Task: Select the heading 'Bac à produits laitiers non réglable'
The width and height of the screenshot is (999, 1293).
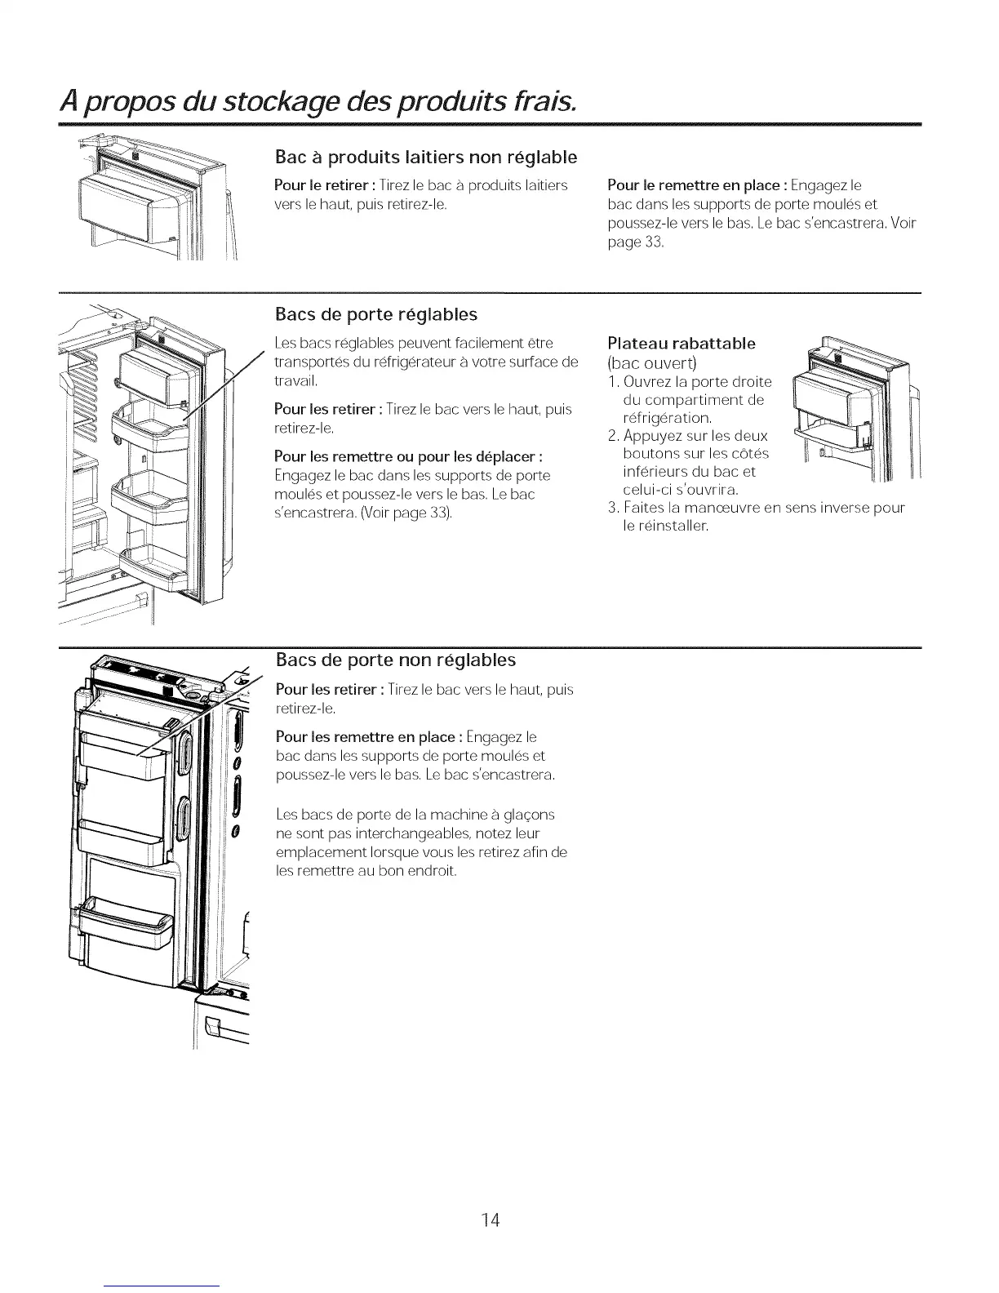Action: [x=426, y=156]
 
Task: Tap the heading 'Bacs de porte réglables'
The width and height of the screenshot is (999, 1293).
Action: [x=376, y=314]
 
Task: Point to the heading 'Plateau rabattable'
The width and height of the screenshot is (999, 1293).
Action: [x=682, y=343]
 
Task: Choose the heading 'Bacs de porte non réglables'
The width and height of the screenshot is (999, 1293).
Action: [x=396, y=659]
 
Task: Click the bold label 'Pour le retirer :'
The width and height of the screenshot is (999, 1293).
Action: [x=329, y=186]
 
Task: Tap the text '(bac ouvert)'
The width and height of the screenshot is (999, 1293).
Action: [x=651, y=362]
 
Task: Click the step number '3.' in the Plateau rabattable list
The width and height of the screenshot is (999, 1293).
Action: [x=615, y=509]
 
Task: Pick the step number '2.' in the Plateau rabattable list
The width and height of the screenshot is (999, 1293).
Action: [x=615, y=436]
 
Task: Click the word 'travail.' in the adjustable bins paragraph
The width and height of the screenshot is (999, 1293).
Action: [x=295, y=380]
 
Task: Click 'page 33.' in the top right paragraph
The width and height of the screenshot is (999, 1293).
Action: [x=637, y=242]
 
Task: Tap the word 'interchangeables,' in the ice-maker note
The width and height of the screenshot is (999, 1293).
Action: [x=402, y=833]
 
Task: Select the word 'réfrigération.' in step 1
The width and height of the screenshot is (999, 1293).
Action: [x=667, y=418]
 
